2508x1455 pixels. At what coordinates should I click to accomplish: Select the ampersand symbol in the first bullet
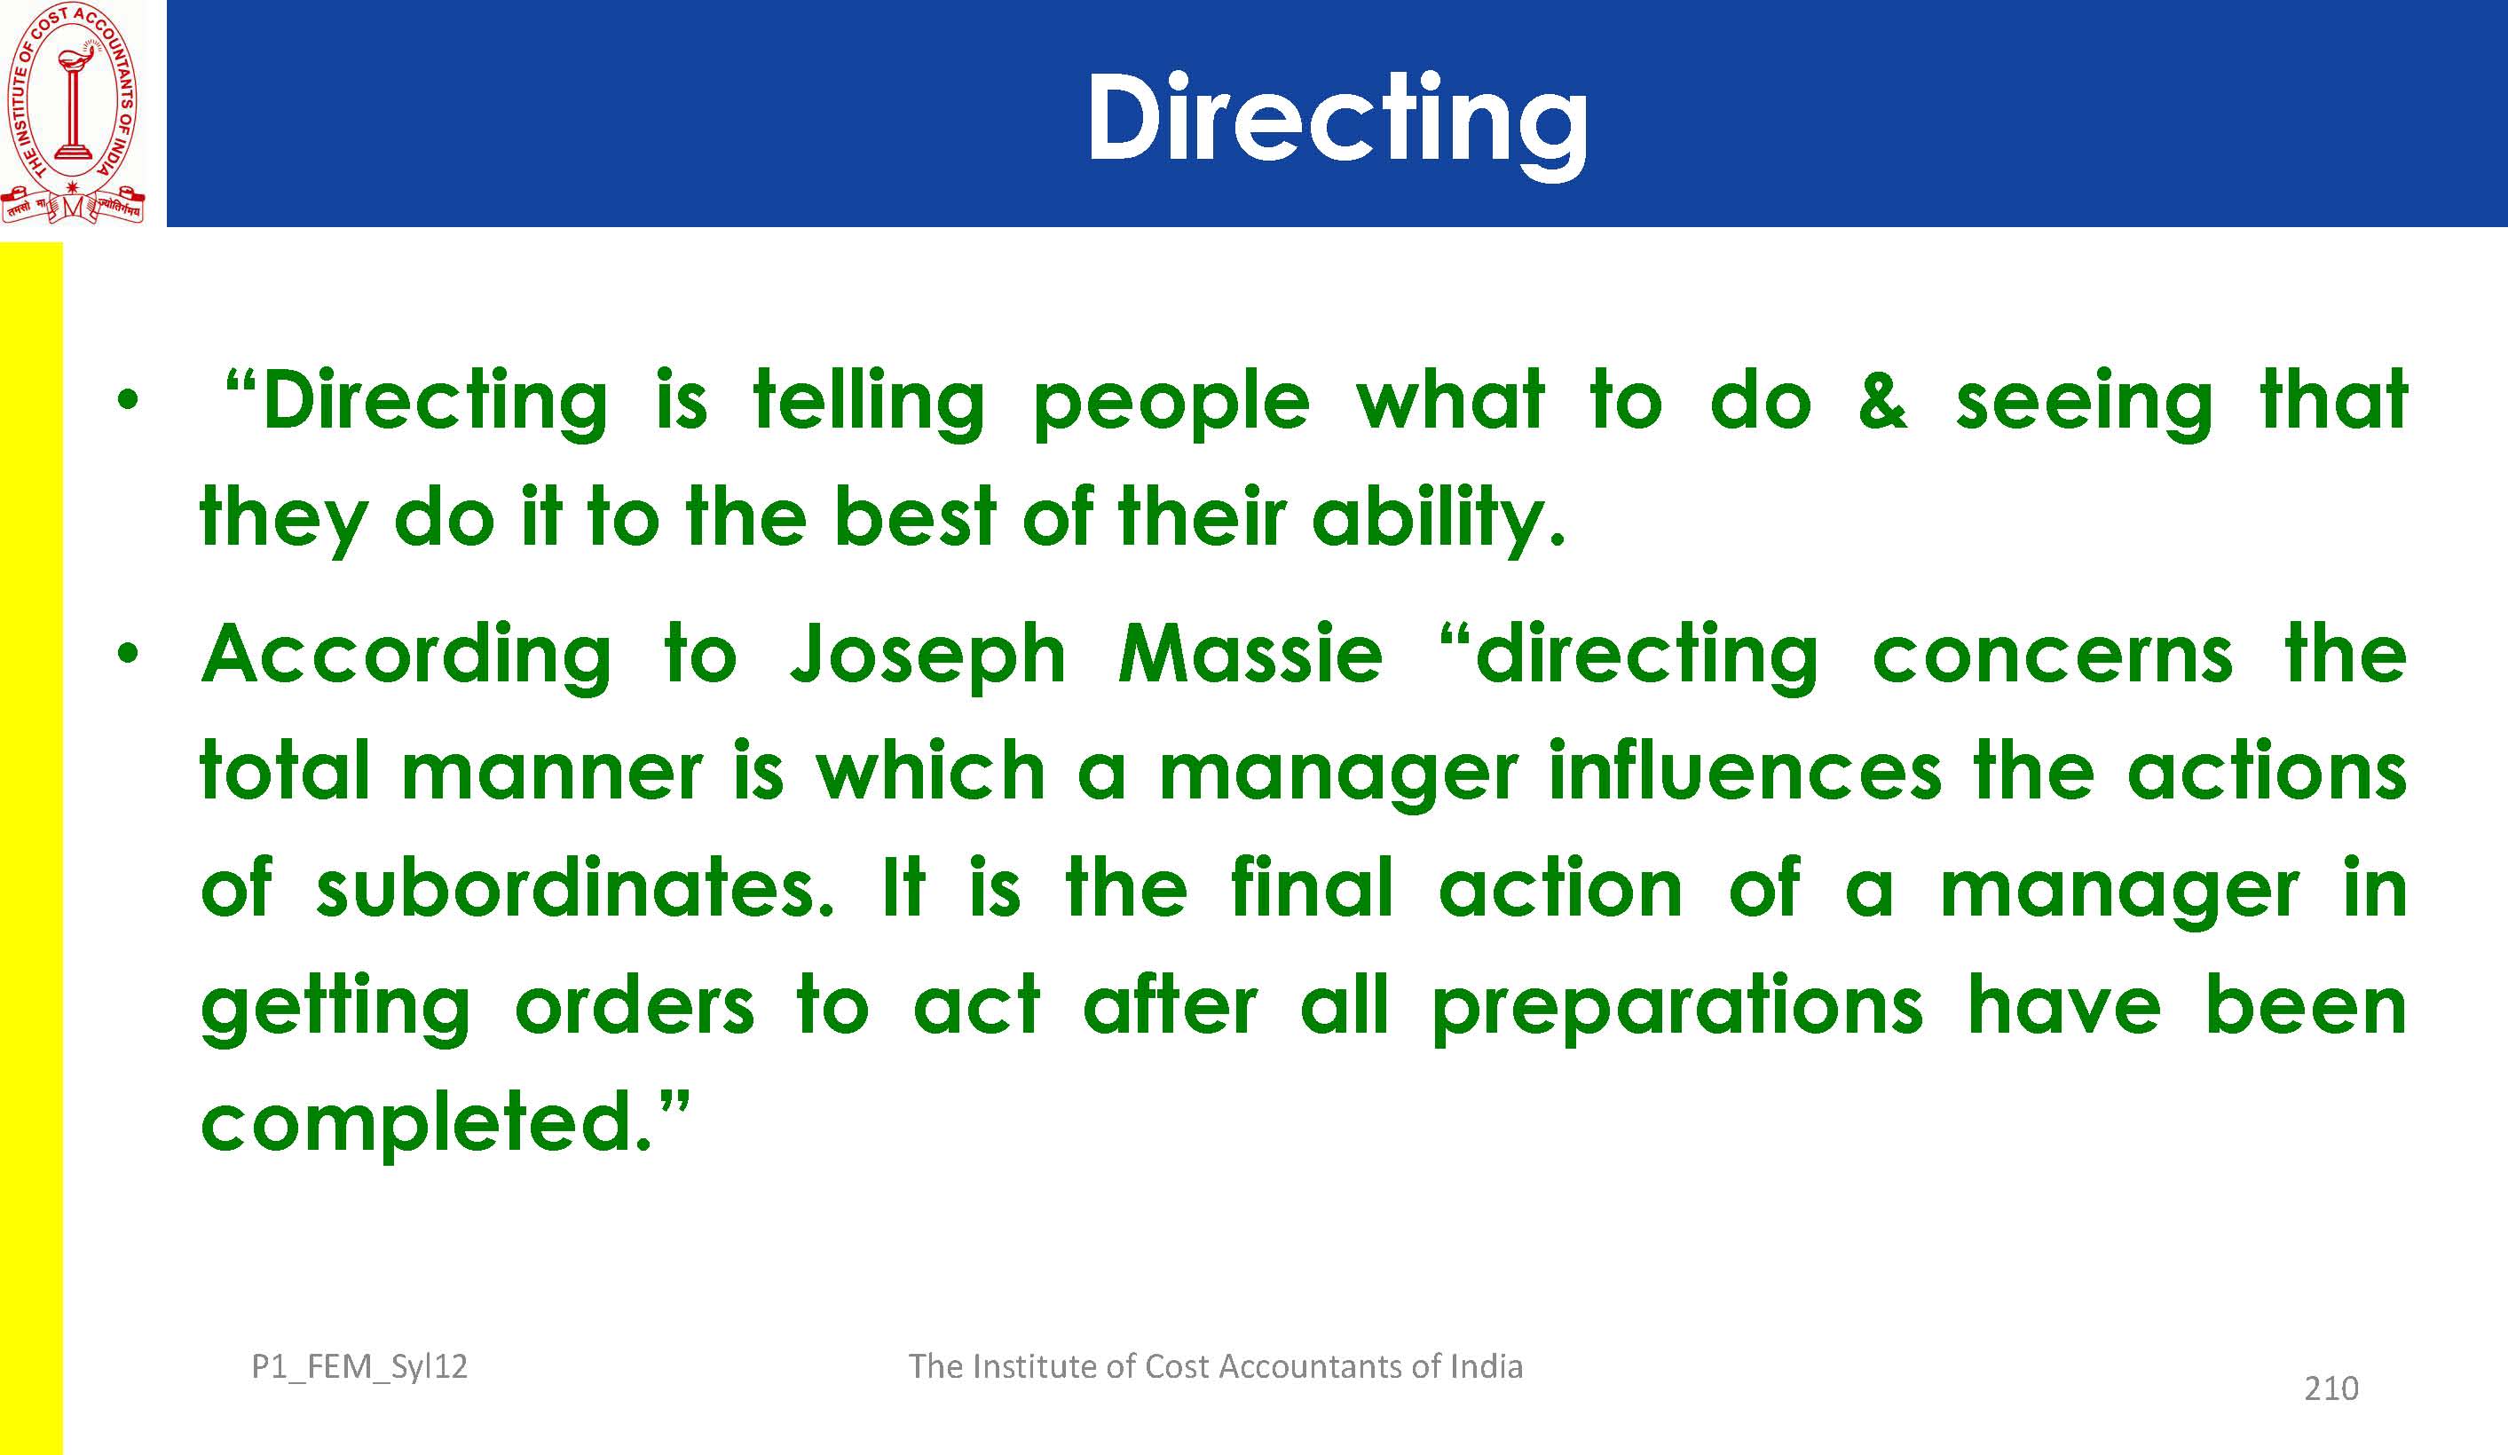1883,400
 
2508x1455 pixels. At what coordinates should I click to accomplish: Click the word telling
869,402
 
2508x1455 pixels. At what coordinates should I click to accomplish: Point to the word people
1171,402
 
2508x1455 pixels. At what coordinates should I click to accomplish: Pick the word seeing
2084,402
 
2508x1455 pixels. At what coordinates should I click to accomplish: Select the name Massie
1250,654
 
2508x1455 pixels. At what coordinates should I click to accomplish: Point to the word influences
1745,770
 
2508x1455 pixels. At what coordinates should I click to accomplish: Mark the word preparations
1677,1007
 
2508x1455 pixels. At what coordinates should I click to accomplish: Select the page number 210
2331,1388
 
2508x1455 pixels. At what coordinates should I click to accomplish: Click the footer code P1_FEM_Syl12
359,1367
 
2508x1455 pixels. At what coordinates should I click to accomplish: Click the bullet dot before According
125,655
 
